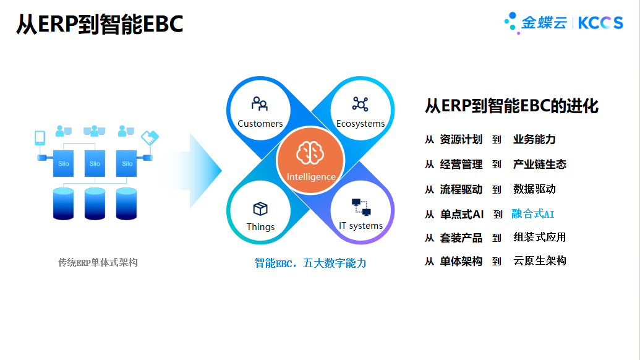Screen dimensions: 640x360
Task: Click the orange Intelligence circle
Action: pyautogui.click(x=310, y=160)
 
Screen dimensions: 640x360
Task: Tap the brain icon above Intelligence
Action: pyautogui.click(x=310, y=153)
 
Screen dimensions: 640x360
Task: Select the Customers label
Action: pyautogui.click(x=260, y=123)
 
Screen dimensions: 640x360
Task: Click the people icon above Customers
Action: pyautogui.click(x=260, y=104)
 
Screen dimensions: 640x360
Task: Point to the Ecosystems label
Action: pyautogui.click(x=361, y=123)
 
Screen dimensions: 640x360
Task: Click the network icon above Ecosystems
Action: pyautogui.click(x=360, y=104)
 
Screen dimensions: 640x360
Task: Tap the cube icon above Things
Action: pyautogui.click(x=260, y=208)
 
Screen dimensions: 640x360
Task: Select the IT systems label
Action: pyautogui.click(x=361, y=226)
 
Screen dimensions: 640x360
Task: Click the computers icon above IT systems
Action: pyautogui.click(x=361, y=207)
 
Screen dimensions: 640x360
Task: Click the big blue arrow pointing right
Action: pyautogui.click(x=196, y=171)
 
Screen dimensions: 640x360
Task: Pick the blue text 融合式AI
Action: pyautogui.click(x=532, y=214)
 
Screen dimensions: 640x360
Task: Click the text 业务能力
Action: pyautogui.click(x=534, y=140)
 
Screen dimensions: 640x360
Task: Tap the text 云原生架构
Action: pyautogui.click(x=540, y=261)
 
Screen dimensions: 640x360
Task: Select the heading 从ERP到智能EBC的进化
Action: pyautogui.click(x=511, y=106)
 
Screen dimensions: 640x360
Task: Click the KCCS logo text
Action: pyautogui.click(x=600, y=23)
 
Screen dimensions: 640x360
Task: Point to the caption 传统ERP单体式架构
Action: pyautogui.click(x=98, y=262)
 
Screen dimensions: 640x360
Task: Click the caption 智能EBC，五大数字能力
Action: pyautogui.click(x=310, y=264)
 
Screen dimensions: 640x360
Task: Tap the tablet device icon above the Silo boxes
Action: pyautogui.click(x=40, y=138)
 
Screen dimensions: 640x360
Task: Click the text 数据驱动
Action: pyautogui.click(x=534, y=189)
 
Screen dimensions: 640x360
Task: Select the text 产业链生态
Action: pyautogui.click(x=540, y=165)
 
